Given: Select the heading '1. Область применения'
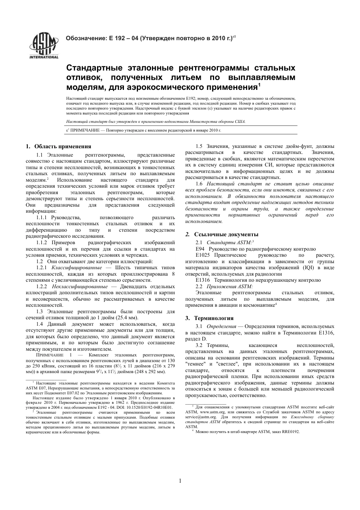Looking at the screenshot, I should [58, 146].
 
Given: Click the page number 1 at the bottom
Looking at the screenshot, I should [180, 481].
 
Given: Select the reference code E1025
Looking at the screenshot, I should [203, 255].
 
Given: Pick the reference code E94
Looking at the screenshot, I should [200, 249].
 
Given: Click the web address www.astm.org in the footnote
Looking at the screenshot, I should [212, 411].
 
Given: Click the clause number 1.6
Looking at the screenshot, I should [199, 184].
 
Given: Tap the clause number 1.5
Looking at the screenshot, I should [199, 146].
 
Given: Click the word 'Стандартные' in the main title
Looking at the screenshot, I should [92, 68].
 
